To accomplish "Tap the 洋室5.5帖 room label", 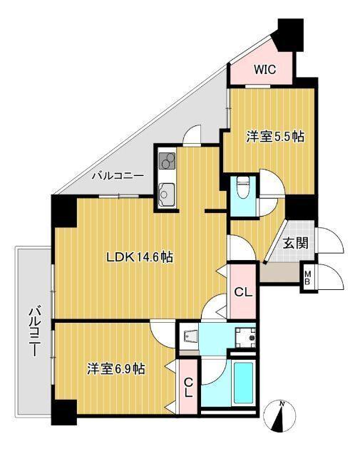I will click(276, 135).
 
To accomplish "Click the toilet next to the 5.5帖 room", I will click(242, 187).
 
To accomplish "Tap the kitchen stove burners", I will click(166, 162).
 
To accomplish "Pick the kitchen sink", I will click(167, 191).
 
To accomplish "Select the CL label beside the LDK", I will click(243, 291).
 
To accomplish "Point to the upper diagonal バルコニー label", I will click(118, 175).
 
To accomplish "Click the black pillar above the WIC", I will click(289, 32).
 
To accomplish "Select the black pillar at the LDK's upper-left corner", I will click(63, 211).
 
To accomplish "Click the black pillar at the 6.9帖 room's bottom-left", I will click(63, 412).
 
